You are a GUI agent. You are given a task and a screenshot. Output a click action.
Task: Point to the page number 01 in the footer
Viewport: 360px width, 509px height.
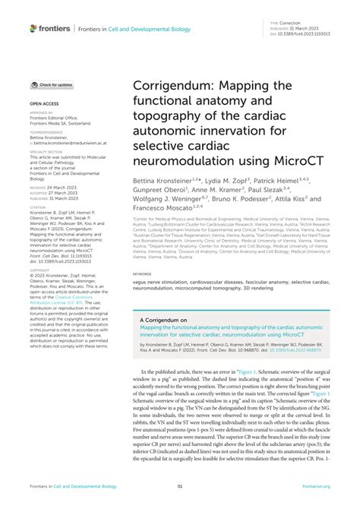click(x=180, y=485)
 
